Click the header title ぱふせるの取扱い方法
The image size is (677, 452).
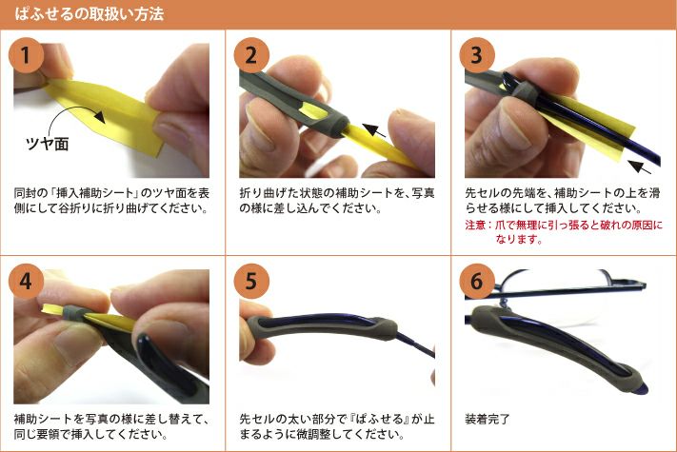tap(90, 14)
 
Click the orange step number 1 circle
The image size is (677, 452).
tap(26, 55)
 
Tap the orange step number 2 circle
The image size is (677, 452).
tap(251, 55)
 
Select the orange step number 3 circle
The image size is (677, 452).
tap(477, 55)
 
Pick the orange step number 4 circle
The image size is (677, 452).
tap(26, 282)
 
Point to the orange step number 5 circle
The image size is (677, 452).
tap(251, 282)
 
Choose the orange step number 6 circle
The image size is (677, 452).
tap(477, 282)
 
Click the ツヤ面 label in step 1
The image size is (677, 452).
tap(47, 144)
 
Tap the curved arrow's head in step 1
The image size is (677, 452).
tap(100, 116)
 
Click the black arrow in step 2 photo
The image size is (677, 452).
tap(374, 129)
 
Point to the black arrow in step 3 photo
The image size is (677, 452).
tap(640, 167)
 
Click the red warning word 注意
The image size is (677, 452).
tap(475, 226)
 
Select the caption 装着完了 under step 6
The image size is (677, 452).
tap(488, 419)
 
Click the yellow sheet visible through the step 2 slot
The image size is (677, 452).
tap(314, 110)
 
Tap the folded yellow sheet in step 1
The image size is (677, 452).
tap(104, 113)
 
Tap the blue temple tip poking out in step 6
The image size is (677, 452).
tap(643, 389)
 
